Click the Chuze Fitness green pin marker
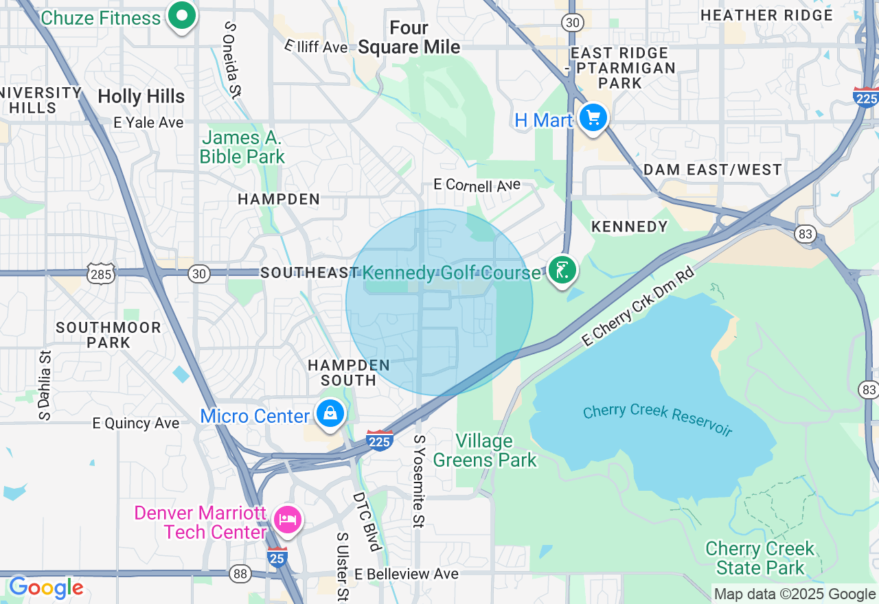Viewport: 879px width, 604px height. (x=182, y=15)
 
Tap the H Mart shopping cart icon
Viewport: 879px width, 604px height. (x=593, y=119)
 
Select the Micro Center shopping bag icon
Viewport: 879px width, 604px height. (x=330, y=414)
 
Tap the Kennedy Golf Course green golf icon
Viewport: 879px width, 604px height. (x=562, y=270)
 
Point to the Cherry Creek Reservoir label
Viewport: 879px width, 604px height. (x=657, y=420)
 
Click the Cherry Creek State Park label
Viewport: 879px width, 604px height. (x=760, y=558)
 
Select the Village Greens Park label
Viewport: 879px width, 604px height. (x=485, y=450)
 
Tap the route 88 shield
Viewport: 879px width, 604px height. (x=240, y=574)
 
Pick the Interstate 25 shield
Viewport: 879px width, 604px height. (x=277, y=558)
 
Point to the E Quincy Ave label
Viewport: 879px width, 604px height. (x=136, y=423)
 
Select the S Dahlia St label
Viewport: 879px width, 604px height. (x=45, y=385)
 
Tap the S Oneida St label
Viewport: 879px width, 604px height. (x=231, y=60)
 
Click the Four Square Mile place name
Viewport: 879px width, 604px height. (x=409, y=37)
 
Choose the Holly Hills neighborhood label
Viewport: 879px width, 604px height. (x=141, y=97)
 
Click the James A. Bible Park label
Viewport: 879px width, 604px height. (x=242, y=147)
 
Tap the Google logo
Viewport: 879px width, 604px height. (x=46, y=588)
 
